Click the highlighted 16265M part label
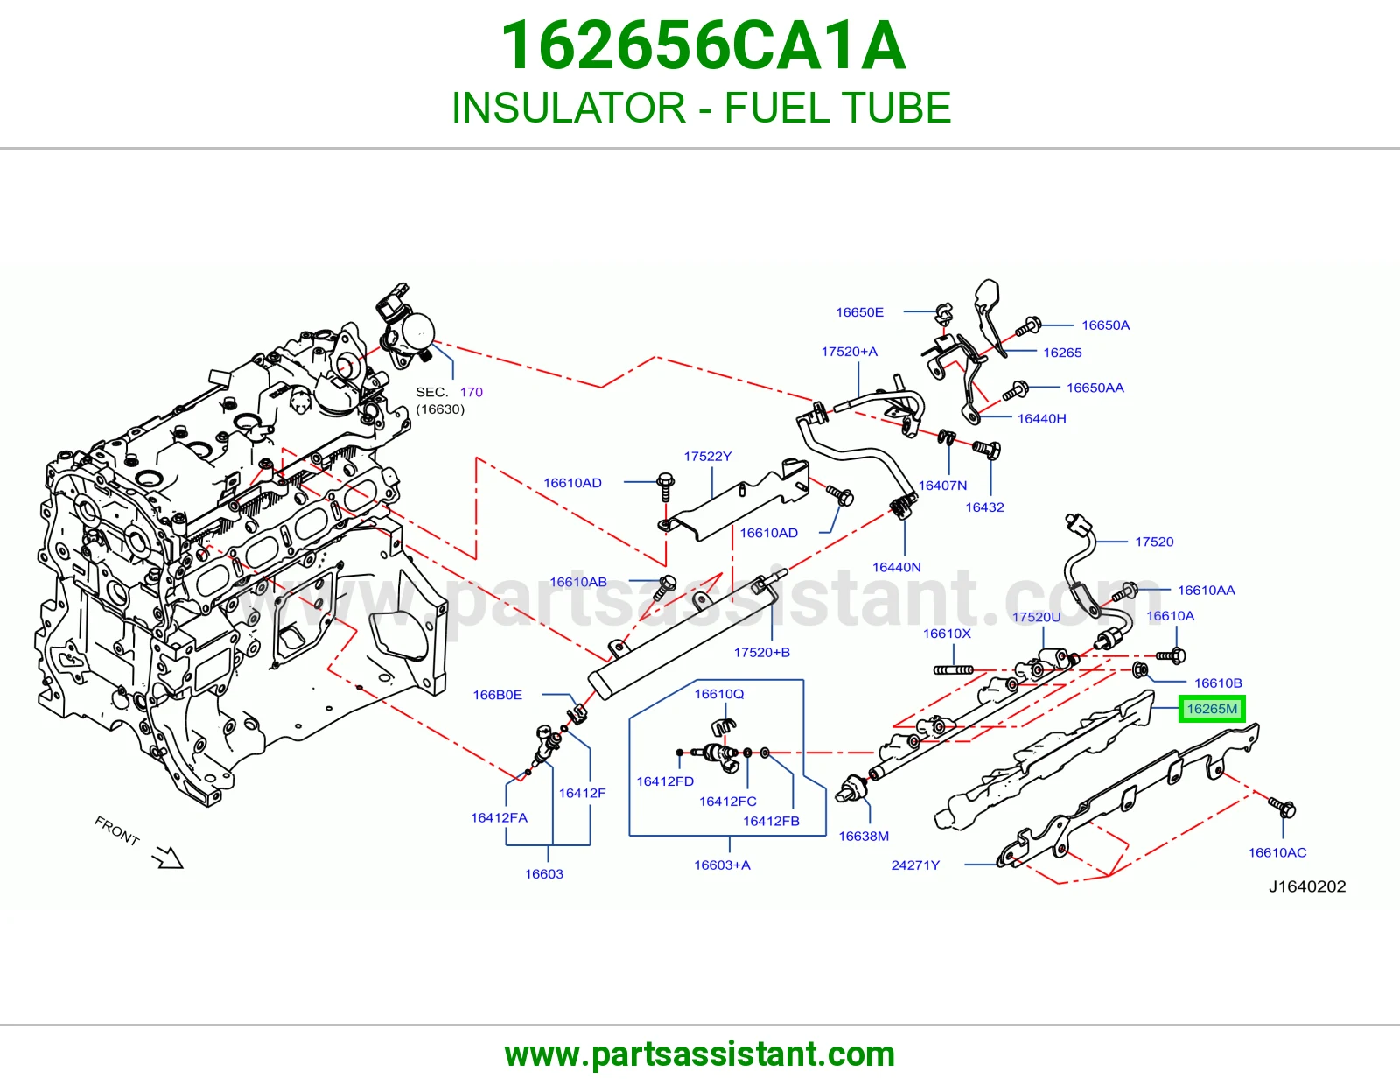tap(1211, 709)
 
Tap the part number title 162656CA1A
tap(703, 45)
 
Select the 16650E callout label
tap(859, 312)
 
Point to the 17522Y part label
tap(707, 456)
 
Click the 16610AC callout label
tap(1277, 852)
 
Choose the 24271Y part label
tap(915, 864)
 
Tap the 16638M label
tap(864, 836)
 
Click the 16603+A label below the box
tap(722, 864)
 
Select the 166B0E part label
tap(497, 695)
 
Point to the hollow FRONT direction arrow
tap(168, 857)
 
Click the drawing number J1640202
tap(1307, 886)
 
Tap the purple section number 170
tap(471, 392)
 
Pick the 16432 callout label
tap(984, 507)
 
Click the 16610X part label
tap(947, 633)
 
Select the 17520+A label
tap(849, 352)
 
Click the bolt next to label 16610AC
tap(1282, 806)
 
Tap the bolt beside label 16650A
tap(1028, 326)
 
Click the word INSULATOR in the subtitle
tap(568, 108)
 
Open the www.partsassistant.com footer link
tap(700, 1054)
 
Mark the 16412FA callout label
tap(500, 817)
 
